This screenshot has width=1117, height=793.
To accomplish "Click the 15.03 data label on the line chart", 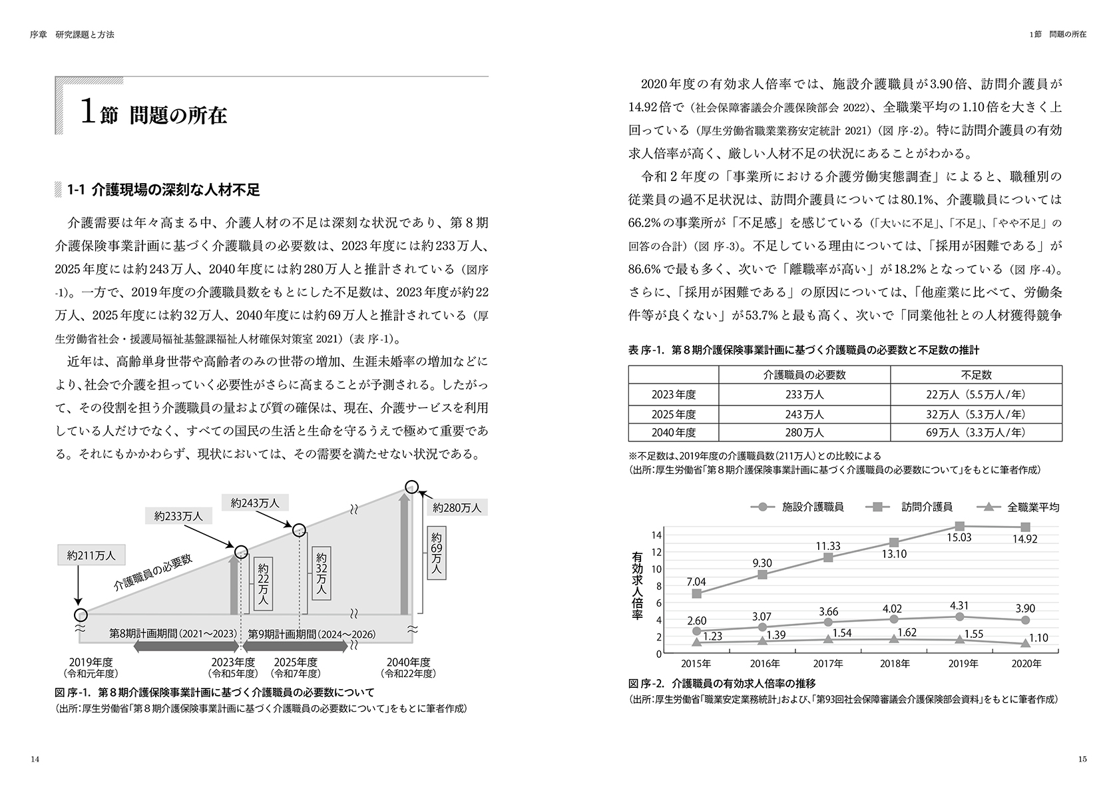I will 959,537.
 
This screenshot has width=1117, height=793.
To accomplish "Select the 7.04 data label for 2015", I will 696,581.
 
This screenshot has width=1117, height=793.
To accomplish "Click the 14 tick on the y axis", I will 656,535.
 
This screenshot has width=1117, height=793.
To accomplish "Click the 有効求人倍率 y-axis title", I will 637,586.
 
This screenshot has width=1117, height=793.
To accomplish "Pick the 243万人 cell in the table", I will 804,414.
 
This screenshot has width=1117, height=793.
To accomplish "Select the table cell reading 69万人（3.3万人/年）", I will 977,432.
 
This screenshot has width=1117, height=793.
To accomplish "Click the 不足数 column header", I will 977,375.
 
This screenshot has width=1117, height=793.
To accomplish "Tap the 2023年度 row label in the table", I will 674,394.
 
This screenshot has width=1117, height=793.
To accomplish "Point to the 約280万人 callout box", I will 456,507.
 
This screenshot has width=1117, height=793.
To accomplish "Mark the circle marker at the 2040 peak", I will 412,487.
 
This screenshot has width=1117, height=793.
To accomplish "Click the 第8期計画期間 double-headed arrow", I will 186,646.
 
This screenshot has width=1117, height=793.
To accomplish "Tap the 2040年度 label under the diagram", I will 409,662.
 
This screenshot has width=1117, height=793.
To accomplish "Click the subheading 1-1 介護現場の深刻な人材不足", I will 164,190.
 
